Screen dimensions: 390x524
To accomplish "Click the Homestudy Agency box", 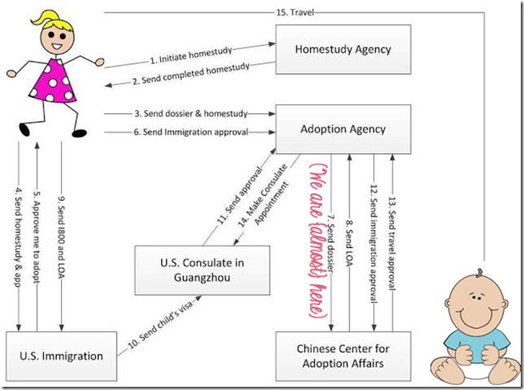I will coord(343,49).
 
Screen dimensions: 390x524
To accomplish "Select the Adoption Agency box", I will coord(343,128).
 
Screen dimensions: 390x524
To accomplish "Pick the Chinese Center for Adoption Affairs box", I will coord(343,354).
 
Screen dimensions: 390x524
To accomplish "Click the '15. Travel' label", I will coord(294,10).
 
